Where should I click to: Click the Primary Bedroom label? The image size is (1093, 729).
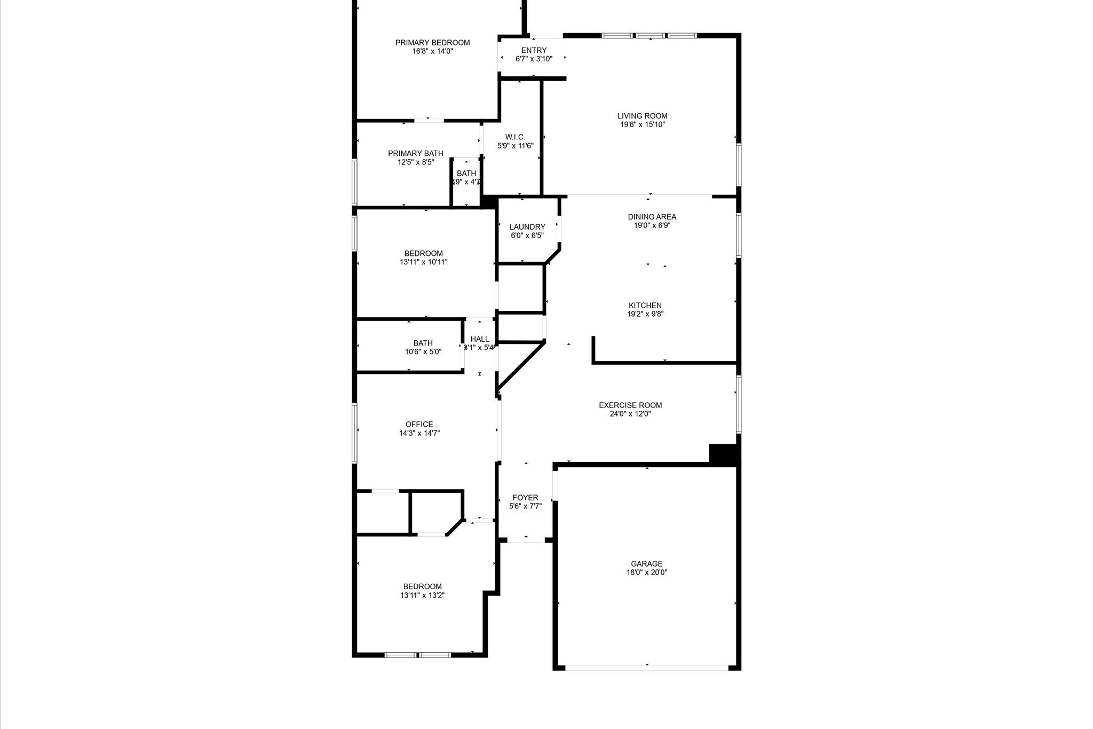click(432, 43)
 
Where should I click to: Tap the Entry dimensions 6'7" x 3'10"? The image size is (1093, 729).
click(534, 59)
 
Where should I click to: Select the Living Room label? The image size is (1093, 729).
click(642, 116)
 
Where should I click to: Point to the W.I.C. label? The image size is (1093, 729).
click(515, 137)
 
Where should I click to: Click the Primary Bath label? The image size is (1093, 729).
click(415, 153)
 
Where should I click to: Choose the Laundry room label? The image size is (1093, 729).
click(527, 227)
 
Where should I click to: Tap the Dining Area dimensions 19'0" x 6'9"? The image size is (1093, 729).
click(652, 225)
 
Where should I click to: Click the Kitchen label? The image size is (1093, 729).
click(645, 305)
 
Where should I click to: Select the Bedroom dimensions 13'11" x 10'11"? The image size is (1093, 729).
click(423, 262)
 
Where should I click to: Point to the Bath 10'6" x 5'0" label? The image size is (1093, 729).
click(423, 343)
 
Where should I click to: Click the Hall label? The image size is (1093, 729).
click(480, 339)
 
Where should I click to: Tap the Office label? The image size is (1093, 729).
click(419, 425)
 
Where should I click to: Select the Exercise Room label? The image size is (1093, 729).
click(630, 405)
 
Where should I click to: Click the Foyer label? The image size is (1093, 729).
click(525, 498)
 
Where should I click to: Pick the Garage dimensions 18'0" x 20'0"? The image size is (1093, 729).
click(646, 573)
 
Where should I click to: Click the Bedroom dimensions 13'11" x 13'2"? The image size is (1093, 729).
click(422, 595)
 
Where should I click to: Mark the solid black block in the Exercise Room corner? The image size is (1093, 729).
click(723, 454)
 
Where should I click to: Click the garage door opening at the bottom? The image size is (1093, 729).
click(646, 667)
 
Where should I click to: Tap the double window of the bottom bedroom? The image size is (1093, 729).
click(418, 655)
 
